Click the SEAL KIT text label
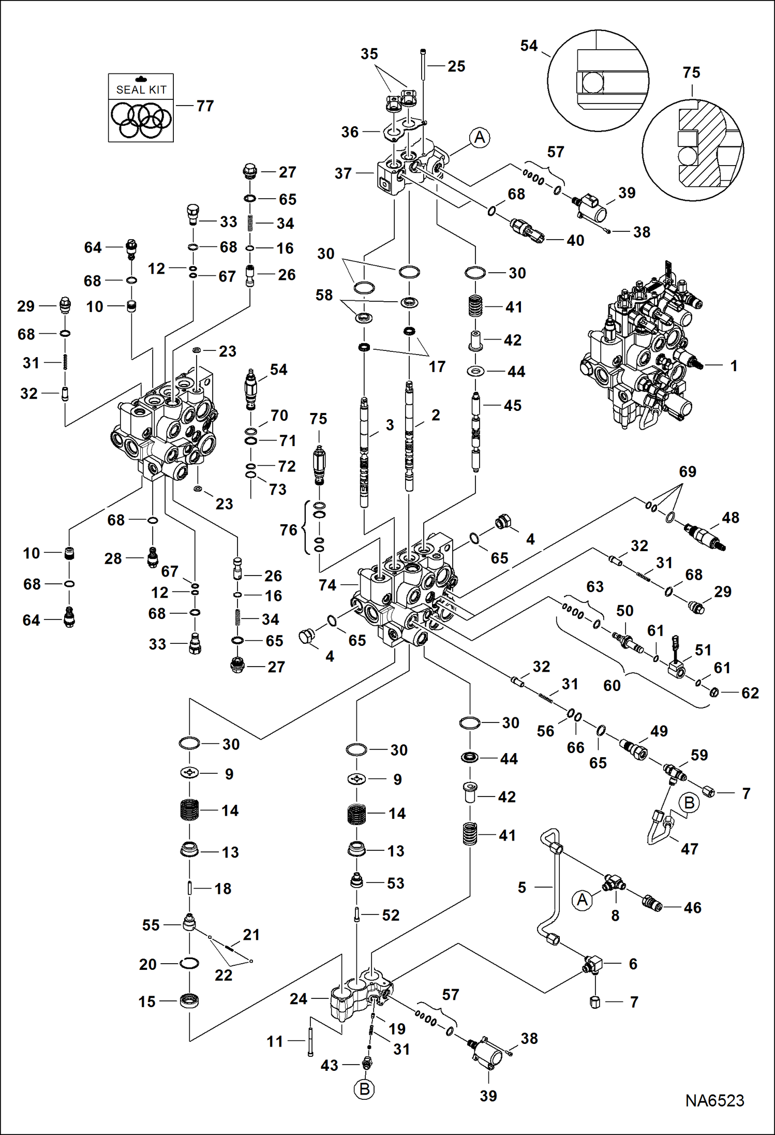141,90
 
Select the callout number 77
205,106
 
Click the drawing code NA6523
714,1100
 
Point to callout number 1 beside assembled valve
733,366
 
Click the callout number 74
327,585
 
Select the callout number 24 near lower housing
299,998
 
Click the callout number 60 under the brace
612,685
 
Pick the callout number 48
730,518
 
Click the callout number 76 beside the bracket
289,529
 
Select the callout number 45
512,405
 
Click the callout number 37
343,173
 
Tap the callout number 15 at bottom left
147,1001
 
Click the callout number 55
151,925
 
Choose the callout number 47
689,849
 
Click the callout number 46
692,907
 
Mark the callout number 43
329,1065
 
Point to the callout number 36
350,132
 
